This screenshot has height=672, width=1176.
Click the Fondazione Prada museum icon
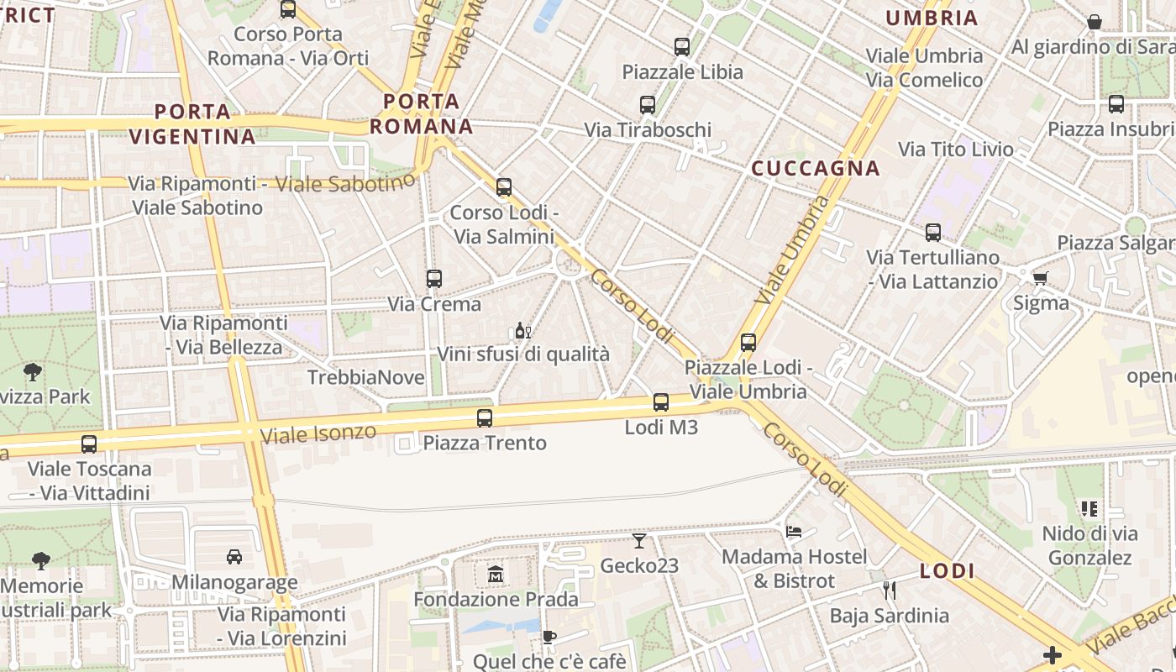point(495,575)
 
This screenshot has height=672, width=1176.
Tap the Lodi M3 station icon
point(661,402)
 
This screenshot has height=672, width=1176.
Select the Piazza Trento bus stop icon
point(485,417)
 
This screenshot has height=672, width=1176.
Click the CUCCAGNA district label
point(815,168)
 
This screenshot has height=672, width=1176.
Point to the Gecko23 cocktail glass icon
point(639,541)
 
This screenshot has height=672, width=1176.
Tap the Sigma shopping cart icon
point(1041,278)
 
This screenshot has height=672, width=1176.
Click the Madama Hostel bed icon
point(794,531)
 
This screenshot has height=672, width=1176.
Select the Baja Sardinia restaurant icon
point(890,591)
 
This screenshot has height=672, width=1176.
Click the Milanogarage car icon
point(234,556)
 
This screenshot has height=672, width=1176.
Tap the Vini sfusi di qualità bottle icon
point(522,330)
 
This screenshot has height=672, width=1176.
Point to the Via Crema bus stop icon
point(434,278)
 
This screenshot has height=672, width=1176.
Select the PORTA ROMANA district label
point(422,114)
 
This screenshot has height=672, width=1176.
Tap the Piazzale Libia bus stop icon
point(682,47)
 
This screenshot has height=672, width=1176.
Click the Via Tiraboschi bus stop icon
point(648,105)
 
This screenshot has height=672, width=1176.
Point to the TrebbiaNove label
point(366,377)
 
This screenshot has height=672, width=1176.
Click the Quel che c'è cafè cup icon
point(549,637)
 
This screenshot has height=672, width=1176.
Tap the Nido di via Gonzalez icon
point(1089,508)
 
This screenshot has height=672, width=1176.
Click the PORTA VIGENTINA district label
point(192,123)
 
